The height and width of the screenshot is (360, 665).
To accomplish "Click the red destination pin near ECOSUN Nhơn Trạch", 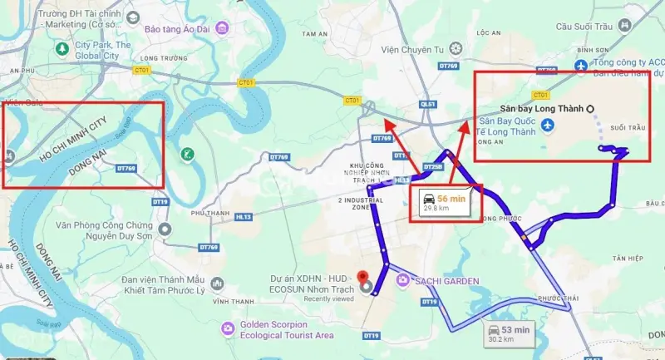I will [362, 279].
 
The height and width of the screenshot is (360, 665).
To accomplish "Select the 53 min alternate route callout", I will [510, 333].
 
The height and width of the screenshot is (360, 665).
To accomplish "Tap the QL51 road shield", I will [428, 104].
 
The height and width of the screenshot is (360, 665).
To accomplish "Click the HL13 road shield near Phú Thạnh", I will [244, 215].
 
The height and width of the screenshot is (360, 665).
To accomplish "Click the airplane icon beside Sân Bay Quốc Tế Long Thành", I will [547, 126].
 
